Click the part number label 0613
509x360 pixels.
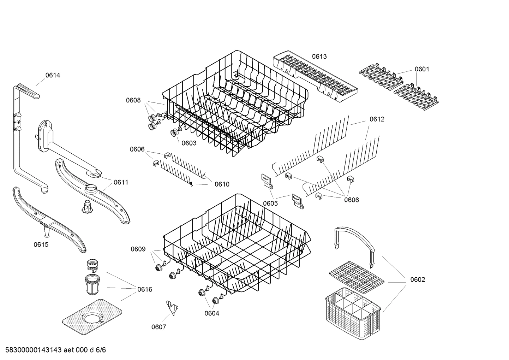[319, 57]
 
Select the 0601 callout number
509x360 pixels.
[422, 69]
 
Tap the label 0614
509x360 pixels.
[53, 75]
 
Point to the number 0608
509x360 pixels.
[133, 100]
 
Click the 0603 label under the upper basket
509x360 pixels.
[189, 143]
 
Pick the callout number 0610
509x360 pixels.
[222, 184]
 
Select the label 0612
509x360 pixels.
[377, 119]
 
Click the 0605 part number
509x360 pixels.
[270, 203]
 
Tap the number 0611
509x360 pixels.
[121, 182]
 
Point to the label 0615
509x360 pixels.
[41, 244]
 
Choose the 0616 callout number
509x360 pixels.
[145, 289]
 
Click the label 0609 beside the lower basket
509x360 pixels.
[138, 249]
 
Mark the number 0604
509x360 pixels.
[211, 313]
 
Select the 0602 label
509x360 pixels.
[418, 279]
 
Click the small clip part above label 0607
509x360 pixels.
[172, 308]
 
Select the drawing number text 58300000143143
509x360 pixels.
[31, 350]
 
